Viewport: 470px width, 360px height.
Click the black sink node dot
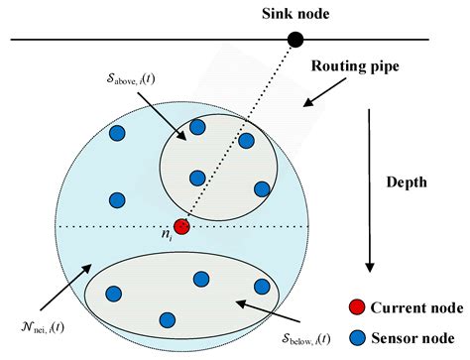294,40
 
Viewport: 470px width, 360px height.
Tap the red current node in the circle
180,226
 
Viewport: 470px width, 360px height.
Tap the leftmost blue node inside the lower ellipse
113,294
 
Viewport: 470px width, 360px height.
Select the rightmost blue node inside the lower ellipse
262,287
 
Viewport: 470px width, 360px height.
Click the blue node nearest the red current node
197,178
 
